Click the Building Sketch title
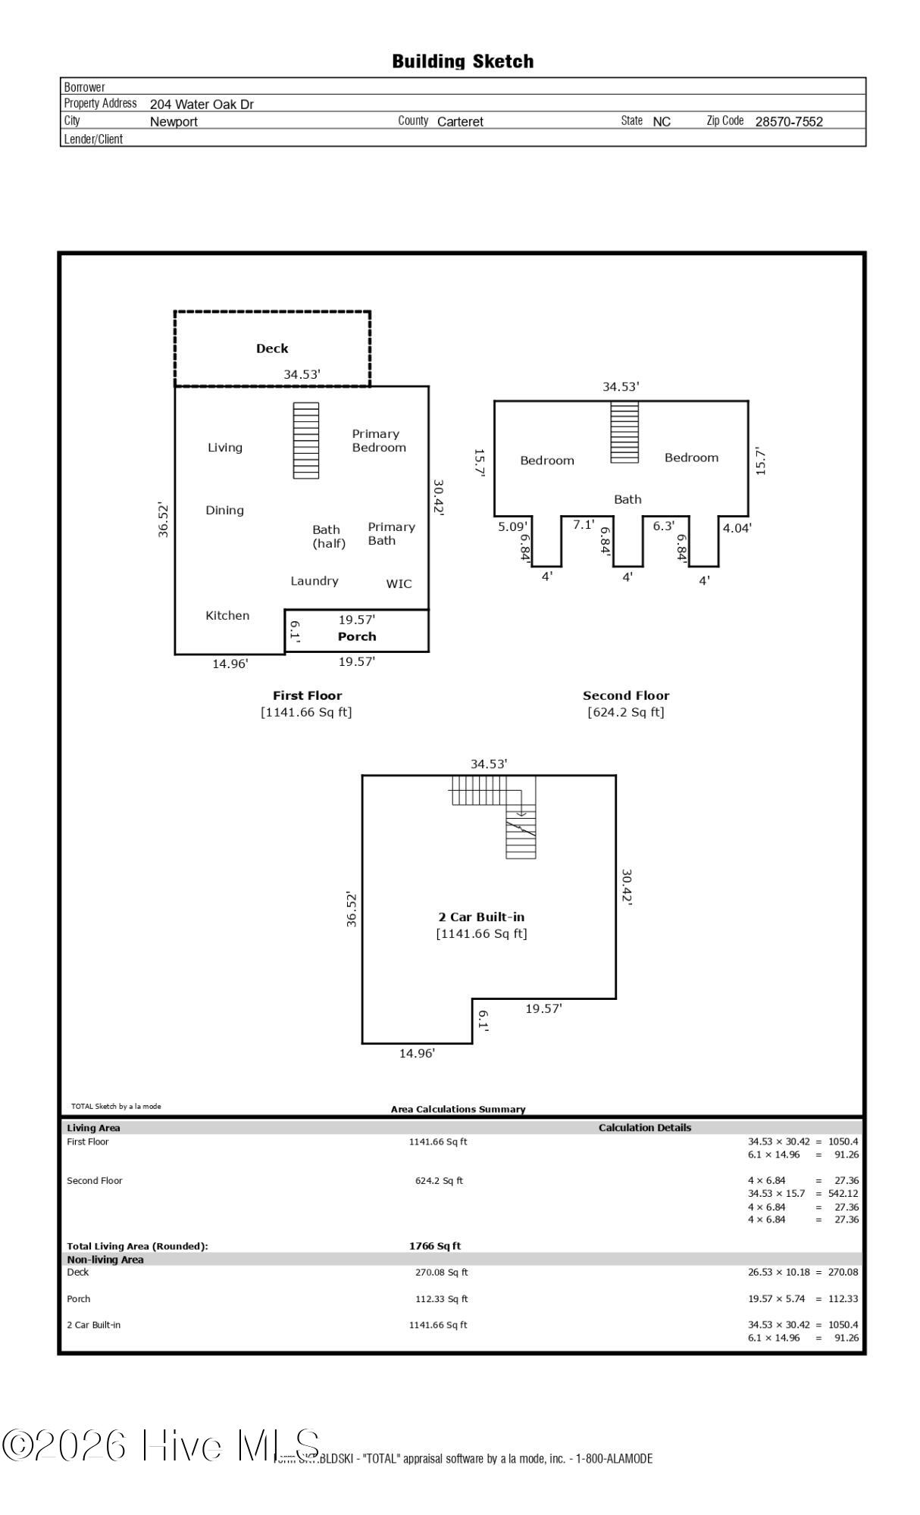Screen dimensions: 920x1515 pos(462,61)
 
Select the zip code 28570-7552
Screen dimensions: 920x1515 pos(789,121)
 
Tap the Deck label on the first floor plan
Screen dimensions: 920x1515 pos(272,348)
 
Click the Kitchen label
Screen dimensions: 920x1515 pos(227,615)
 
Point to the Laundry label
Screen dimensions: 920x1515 pos(314,581)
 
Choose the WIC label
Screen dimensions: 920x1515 pos(399,583)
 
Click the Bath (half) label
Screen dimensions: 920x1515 pos(329,536)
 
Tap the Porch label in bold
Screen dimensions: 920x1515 pos(357,636)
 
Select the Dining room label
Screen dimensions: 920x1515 pos(225,511)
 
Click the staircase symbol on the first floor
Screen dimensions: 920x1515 pos(306,440)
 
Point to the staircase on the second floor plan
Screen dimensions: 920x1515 pos(625,432)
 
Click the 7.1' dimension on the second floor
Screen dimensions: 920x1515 pos(584,524)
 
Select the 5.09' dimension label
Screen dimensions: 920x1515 pos(513,526)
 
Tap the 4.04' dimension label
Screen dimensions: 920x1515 pos(737,528)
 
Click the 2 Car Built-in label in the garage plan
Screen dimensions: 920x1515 pos(481,917)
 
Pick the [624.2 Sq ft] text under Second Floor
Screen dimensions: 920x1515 pos(626,712)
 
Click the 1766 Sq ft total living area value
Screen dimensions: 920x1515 pos(435,1246)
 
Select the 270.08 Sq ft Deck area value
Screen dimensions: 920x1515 pos(442,1273)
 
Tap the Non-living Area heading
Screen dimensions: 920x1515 pos(105,1260)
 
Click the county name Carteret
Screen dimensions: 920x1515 pos(460,121)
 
